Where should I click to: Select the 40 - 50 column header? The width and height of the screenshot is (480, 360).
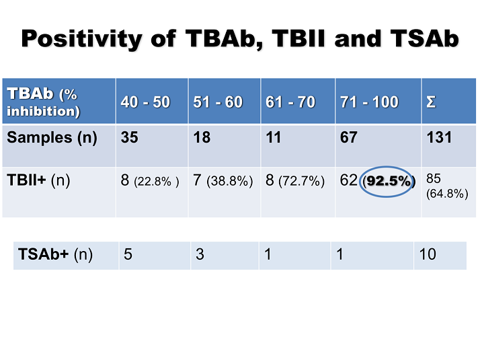point(145,102)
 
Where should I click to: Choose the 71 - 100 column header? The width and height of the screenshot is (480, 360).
point(370,102)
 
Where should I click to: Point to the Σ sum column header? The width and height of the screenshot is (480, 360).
point(431,102)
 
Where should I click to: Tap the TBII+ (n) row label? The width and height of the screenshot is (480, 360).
point(39,180)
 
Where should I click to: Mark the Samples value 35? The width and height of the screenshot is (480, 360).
point(128,138)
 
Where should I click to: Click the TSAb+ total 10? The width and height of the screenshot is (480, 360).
point(428,255)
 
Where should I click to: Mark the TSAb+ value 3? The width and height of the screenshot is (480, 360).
point(200,255)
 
